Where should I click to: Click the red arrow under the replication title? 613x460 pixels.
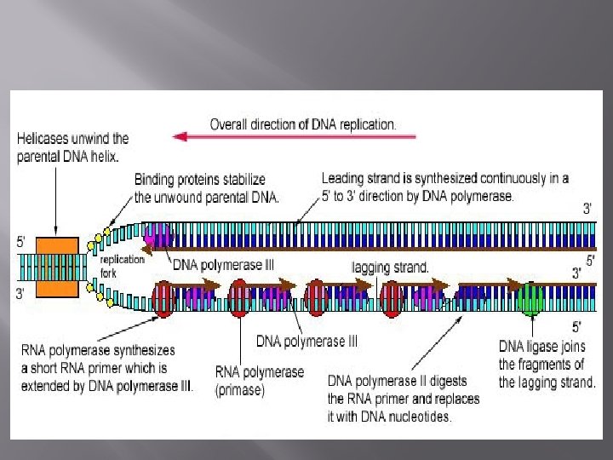tap(294, 135)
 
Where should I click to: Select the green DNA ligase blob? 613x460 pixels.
tap(530, 299)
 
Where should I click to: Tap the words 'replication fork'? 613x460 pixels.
tap(123, 266)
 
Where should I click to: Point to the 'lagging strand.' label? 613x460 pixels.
tap(391, 267)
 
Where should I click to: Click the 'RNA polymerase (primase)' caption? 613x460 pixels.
tap(259, 381)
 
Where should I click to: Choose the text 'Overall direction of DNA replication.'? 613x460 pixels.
tap(303, 124)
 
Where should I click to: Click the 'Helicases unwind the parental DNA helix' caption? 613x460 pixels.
tap(72, 147)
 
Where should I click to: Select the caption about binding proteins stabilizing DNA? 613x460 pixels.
tap(200, 187)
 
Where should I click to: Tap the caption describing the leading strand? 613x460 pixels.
tap(444, 187)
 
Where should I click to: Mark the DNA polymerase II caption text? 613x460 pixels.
tap(403, 398)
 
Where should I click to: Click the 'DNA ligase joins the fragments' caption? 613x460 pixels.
tap(547, 364)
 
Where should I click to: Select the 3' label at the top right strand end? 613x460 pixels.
tap(587, 209)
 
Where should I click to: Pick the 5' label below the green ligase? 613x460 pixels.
tap(576, 326)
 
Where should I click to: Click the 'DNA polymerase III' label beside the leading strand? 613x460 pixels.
tap(223, 265)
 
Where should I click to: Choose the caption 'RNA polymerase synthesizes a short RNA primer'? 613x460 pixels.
tap(106, 367)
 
